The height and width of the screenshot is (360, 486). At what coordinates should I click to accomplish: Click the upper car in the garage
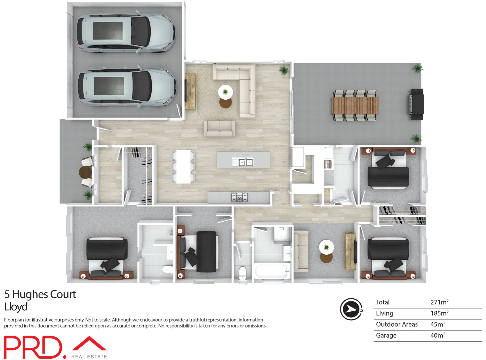[x=125, y=33]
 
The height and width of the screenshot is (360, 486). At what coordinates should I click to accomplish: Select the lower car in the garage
[x=127, y=87]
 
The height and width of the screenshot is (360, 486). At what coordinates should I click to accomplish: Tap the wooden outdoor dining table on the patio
[x=355, y=105]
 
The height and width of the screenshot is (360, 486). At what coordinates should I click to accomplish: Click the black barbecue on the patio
[x=416, y=104]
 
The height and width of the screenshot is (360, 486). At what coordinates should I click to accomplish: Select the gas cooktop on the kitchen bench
[x=240, y=197]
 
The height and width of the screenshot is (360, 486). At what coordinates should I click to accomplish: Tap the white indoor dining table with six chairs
[x=183, y=166]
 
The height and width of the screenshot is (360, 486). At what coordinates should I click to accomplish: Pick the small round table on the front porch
[x=85, y=172]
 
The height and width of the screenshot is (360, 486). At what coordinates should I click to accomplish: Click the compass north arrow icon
[x=351, y=309]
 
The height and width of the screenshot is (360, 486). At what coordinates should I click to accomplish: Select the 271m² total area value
[x=439, y=302]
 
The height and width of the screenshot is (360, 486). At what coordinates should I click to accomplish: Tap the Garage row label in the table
[x=386, y=335]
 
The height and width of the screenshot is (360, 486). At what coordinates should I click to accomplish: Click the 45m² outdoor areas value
[x=437, y=324]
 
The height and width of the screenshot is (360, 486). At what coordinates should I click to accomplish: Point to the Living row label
[x=384, y=313]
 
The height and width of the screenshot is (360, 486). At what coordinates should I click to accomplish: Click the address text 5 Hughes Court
[x=40, y=295]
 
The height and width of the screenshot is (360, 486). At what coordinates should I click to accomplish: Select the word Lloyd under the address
[x=16, y=307]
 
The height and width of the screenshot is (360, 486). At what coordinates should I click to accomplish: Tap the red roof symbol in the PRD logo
[x=89, y=344]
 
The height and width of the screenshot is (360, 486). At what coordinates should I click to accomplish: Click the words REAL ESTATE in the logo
[x=89, y=357]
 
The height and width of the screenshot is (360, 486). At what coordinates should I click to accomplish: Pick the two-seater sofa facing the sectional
[x=220, y=129]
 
